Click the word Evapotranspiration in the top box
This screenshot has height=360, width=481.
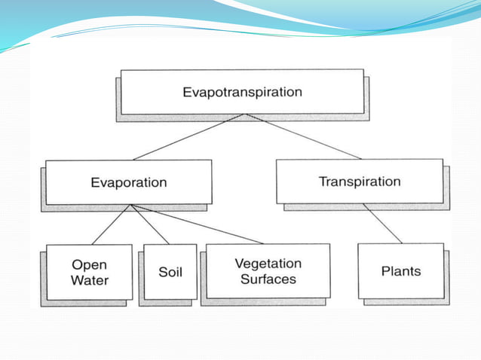pyautogui.click(x=242, y=93)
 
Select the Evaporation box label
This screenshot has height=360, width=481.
pyautogui.click(x=129, y=182)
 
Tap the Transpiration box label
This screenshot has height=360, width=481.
pyautogui.click(x=360, y=182)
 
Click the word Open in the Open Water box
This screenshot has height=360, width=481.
pyautogui.click(x=90, y=265)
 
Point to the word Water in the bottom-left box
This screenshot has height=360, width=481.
pyautogui.click(x=90, y=281)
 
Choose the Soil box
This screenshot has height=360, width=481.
pyautogui.click(x=170, y=272)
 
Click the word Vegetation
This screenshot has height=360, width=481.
pyautogui.click(x=268, y=264)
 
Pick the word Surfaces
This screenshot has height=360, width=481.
pyautogui.click(x=268, y=279)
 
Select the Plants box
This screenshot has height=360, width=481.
pyautogui.click(x=401, y=271)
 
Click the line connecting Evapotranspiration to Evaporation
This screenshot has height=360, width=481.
pyautogui.click(x=188, y=137)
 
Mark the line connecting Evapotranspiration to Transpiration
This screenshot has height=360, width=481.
pyautogui.click(x=302, y=136)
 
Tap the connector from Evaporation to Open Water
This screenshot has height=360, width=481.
pyautogui.click(x=112, y=224)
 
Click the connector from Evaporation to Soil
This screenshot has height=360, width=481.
pyautogui.click(x=151, y=224)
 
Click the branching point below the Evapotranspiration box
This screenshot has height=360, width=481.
pyautogui.click(x=244, y=115)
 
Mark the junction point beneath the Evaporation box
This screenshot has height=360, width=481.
pyautogui.click(x=131, y=205)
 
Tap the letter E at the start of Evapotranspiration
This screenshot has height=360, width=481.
pyautogui.click(x=186, y=93)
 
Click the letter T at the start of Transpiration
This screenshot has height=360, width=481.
pyautogui.click(x=322, y=182)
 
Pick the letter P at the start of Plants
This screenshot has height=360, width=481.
pyautogui.click(x=385, y=271)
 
